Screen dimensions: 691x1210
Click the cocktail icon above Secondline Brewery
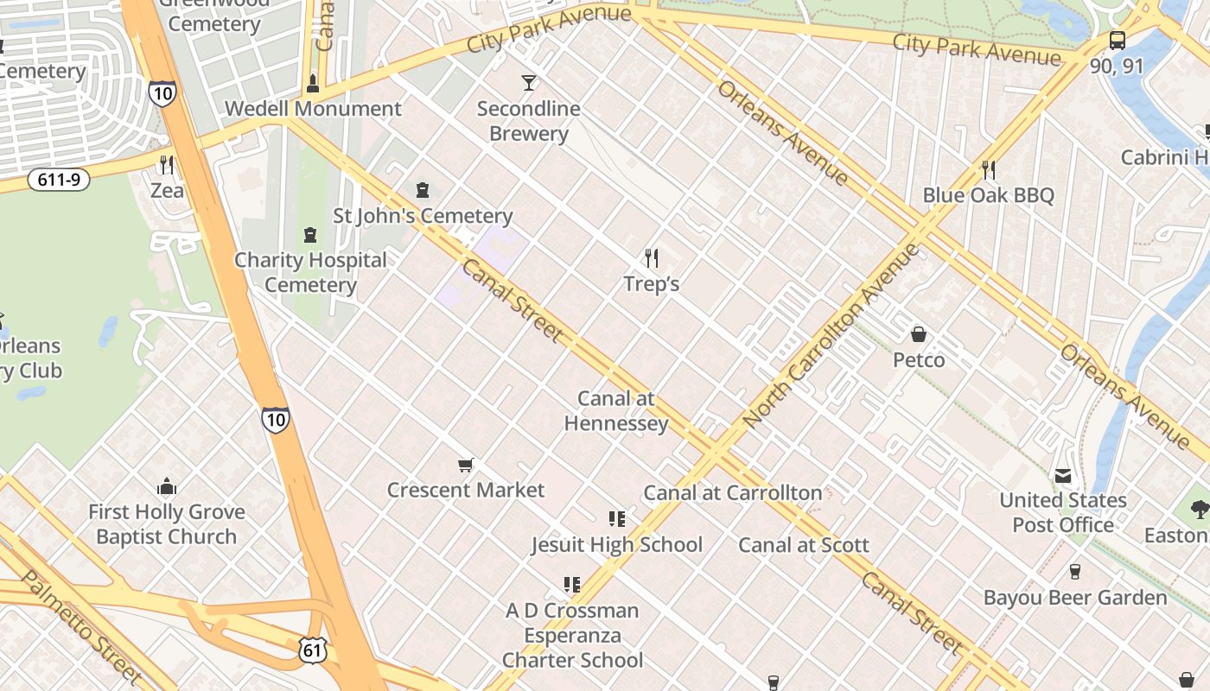tap(529, 83)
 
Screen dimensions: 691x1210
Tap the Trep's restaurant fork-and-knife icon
tap(652, 257)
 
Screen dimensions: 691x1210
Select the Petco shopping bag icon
tap(919, 333)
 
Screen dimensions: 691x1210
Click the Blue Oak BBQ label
tap(988, 195)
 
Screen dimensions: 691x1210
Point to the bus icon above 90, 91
tap(1117, 41)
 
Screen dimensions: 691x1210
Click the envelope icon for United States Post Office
tap(1062, 475)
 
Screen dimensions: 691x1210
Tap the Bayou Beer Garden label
tap(1075, 598)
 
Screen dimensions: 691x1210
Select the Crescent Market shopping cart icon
tap(466, 466)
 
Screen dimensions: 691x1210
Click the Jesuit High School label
tap(616, 545)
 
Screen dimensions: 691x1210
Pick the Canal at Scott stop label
tap(803, 545)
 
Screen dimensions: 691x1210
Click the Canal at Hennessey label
tap(616, 411)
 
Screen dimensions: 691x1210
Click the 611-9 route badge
tap(59, 180)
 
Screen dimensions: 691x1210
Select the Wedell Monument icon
tap(313, 84)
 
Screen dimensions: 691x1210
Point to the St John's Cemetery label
tap(423, 216)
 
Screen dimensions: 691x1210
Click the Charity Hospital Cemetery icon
tap(310, 234)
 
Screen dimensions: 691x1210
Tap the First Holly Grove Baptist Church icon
tap(167, 486)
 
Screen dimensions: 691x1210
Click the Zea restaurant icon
tap(167, 164)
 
